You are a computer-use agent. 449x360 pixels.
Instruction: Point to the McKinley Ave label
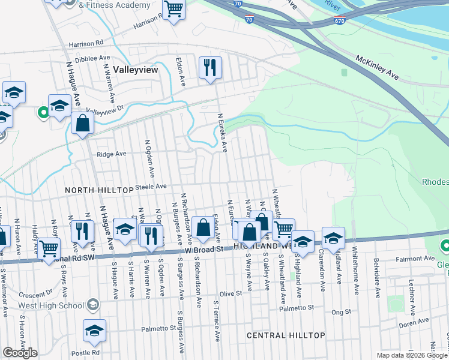coord(378,68)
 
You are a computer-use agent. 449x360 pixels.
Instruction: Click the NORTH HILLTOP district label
coord(99,190)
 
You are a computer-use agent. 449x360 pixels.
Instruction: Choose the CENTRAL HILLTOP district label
coord(286,335)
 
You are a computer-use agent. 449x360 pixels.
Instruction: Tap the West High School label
coord(51,305)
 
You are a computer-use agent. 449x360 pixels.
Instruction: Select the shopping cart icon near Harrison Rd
coord(174,9)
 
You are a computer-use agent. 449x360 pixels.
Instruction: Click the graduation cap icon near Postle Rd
coord(94,331)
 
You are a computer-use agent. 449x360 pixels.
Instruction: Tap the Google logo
coord(20,353)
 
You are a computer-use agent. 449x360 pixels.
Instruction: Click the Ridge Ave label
coord(111,154)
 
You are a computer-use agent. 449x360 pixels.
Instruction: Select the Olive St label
coord(230,294)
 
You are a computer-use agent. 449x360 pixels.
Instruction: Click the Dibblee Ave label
coord(92,58)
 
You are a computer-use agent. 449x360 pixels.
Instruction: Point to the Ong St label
coord(340,312)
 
